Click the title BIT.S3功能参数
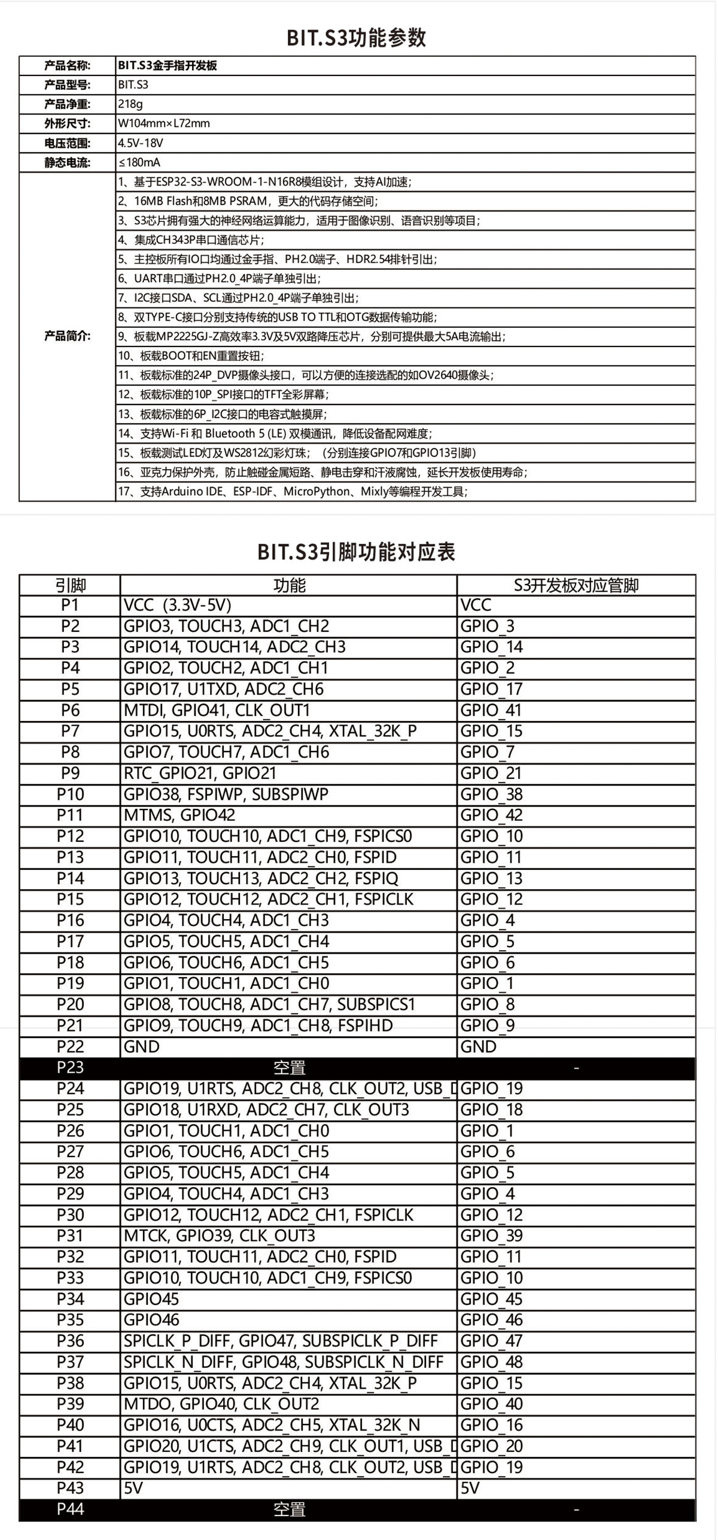(x=357, y=38)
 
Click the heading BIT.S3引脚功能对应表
(x=357, y=552)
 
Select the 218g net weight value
(x=130, y=104)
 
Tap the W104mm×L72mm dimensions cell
(x=164, y=124)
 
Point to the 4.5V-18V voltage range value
(x=141, y=143)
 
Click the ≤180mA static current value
(x=139, y=163)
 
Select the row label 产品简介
(x=68, y=336)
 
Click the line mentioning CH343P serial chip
(x=191, y=240)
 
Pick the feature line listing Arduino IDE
(x=293, y=492)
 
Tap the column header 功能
(x=289, y=585)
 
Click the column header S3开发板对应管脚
(x=576, y=585)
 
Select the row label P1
(x=70, y=605)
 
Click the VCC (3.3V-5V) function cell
(x=177, y=605)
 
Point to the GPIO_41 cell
(x=491, y=710)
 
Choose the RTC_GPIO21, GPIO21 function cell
(x=200, y=773)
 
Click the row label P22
(x=70, y=1046)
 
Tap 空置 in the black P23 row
(x=289, y=1067)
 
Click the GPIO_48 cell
(x=491, y=1362)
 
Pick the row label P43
(x=70, y=1488)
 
